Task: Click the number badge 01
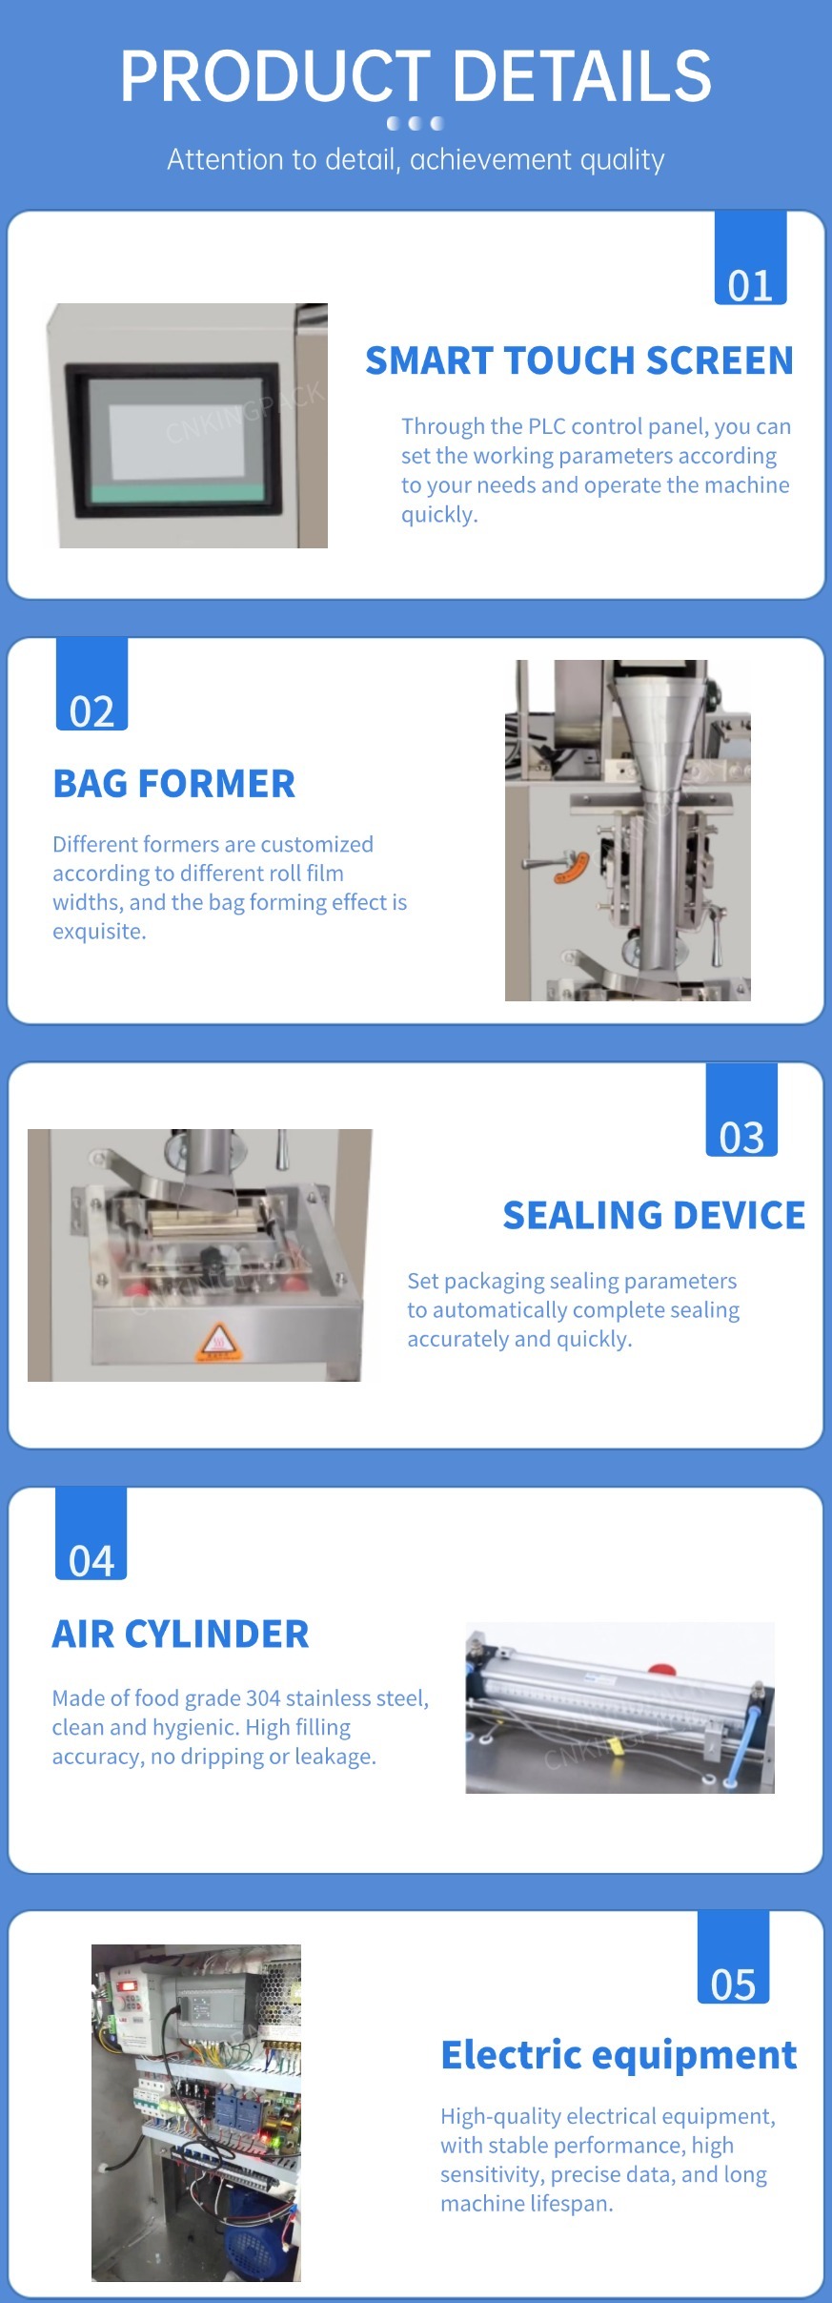(x=750, y=257)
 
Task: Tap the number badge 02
(x=91, y=684)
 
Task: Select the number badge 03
(x=741, y=1110)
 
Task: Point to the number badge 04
(x=91, y=1533)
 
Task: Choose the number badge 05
(x=733, y=1957)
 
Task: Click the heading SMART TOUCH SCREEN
(x=579, y=360)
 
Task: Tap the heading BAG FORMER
(x=174, y=784)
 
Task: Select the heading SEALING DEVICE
(x=654, y=1215)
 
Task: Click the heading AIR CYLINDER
(x=181, y=1634)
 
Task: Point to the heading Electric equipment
(x=619, y=2055)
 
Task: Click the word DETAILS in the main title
(x=581, y=76)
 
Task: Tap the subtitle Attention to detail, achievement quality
(x=416, y=159)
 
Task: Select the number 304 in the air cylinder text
(x=263, y=1698)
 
